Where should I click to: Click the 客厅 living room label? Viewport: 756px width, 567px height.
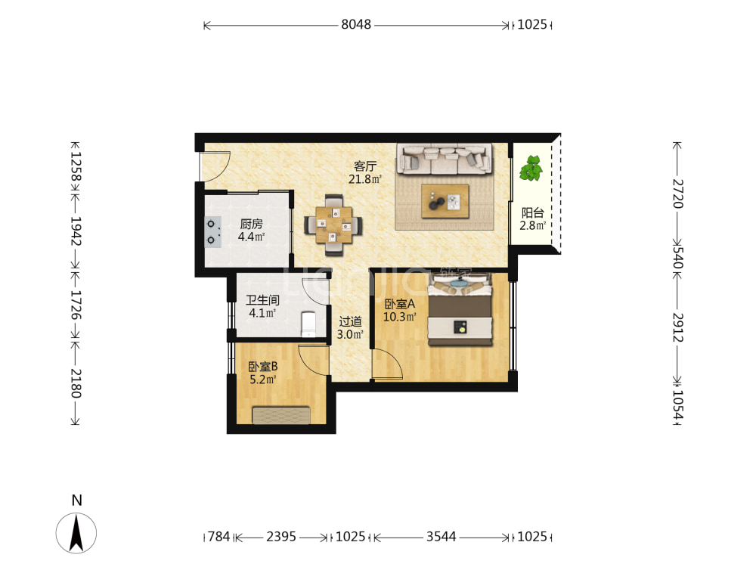(365, 166)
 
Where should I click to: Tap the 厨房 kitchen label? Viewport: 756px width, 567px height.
(251, 225)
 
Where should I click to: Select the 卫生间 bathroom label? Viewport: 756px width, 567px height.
(262, 300)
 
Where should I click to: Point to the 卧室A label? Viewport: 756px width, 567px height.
(400, 304)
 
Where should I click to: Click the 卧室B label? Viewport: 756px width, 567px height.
(263, 367)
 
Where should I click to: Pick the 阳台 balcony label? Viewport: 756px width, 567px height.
(533, 213)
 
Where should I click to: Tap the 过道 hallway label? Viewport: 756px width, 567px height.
(350, 321)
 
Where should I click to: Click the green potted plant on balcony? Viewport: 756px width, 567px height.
(531, 168)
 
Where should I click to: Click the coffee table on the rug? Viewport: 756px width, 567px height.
(445, 201)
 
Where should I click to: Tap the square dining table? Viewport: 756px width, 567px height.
(333, 225)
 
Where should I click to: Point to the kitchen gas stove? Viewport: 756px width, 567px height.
(212, 232)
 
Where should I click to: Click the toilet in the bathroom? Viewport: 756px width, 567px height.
(308, 324)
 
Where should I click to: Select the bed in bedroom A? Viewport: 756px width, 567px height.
(460, 309)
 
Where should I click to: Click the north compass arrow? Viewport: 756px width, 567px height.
(76, 533)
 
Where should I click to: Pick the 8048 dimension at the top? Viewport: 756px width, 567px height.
(356, 25)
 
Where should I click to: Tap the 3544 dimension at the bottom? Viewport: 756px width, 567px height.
(442, 537)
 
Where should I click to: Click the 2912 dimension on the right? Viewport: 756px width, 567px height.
(678, 327)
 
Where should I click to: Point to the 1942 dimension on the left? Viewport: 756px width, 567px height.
(76, 231)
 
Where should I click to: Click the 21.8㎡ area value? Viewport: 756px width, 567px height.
(365, 179)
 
